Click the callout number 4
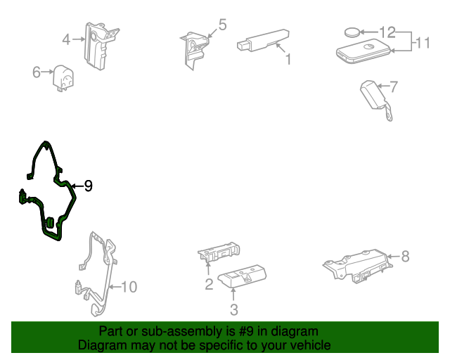[x=66, y=39]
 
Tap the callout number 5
[x=222, y=25]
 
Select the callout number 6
[x=37, y=72]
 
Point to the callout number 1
[x=288, y=59]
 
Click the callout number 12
[x=387, y=32]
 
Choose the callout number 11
[x=423, y=43]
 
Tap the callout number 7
[x=394, y=86]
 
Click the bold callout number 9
[x=89, y=186]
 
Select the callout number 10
[x=129, y=287]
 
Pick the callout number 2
[x=209, y=284]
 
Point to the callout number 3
[x=234, y=310]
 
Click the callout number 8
[x=405, y=256]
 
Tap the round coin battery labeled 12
[x=352, y=32]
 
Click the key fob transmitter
[x=364, y=51]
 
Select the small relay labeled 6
[x=63, y=78]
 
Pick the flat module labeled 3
[x=242, y=276]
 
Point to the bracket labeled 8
[x=358, y=266]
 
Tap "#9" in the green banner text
[x=246, y=331]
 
